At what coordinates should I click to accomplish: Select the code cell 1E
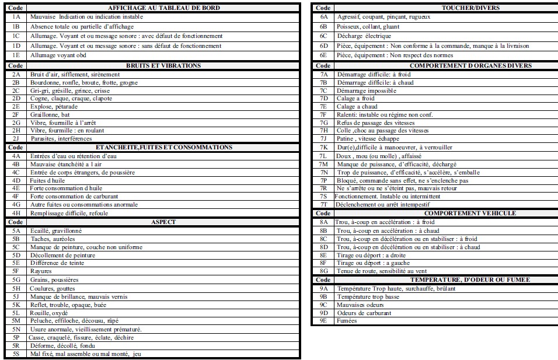tap(16, 55)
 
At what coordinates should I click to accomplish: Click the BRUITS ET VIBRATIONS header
tap(163, 66)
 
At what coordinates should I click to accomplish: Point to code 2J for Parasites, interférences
tap(16, 139)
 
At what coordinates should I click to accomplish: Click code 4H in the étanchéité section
tap(16, 213)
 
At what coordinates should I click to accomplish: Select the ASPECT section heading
tap(163, 222)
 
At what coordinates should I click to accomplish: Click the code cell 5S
tap(16, 354)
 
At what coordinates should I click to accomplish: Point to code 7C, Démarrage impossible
tap(324, 90)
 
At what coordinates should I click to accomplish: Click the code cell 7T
tap(324, 205)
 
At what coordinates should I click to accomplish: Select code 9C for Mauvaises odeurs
tap(324, 305)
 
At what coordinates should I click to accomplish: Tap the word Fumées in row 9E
tap(347, 321)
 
